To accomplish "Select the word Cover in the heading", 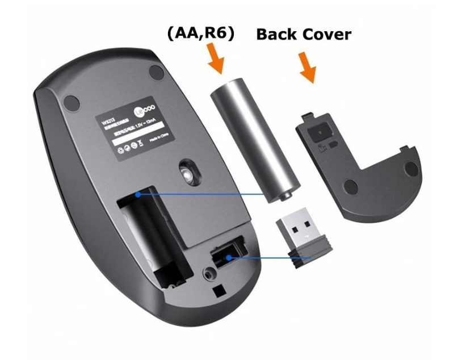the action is tap(326, 34).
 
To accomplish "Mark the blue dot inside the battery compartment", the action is tap(138, 194).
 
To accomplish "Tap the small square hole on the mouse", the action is tap(218, 290).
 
